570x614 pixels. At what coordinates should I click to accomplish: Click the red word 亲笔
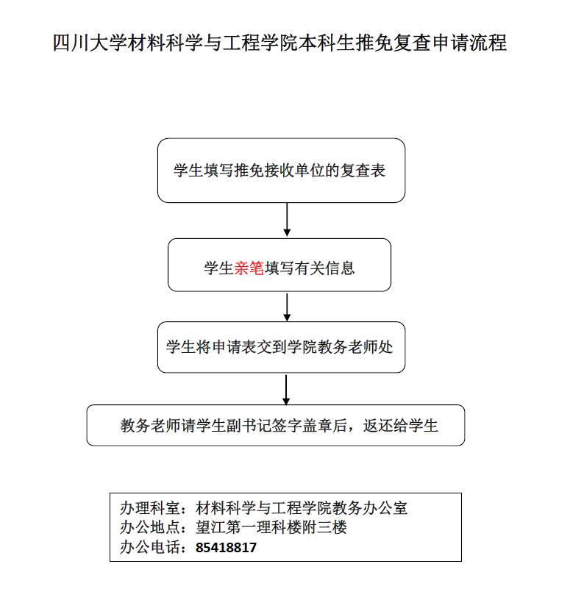(x=249, y=268)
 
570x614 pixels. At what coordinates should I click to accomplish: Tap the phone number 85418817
(x=226, y=547)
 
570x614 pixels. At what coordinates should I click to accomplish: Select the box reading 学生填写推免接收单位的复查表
(x=281, y=171)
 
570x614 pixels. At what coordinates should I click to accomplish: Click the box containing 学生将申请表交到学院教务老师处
(x=281, y=347)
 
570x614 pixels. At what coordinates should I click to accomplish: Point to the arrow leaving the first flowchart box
(x=287, y=220)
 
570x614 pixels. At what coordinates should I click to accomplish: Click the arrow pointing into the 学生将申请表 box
(x=287, y=307)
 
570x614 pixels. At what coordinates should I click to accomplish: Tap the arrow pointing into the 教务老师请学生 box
(x=286, y=390)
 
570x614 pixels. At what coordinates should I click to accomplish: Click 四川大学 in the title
(x=90, y=43)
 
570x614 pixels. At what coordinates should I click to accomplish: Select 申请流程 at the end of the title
(x=469, y=43)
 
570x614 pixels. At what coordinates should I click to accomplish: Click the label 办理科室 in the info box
(x=150, y=508)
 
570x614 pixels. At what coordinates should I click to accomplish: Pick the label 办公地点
(x=150, y=527)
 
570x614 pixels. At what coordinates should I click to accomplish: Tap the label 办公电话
(x=150, y=547)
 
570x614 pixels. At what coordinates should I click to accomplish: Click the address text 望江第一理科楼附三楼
(x=271, y=527)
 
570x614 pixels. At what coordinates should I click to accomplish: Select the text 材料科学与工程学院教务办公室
(x=302, y=508)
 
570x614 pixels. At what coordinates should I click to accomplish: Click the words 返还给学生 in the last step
(x=400, y=426)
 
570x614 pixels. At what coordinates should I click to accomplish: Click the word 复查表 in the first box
(x=363, y=171)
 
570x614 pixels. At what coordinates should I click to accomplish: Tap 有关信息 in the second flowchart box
(x=325, y=268)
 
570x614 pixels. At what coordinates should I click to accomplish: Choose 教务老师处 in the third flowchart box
(x=355, y=347)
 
